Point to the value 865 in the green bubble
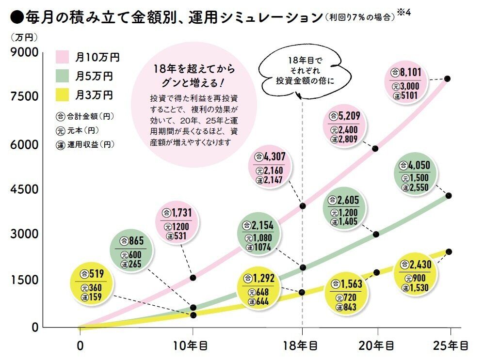click(134, 240)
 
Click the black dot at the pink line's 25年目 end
click(448, 78)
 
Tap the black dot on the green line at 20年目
click(376, 234)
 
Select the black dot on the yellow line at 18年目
click(302, 292)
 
